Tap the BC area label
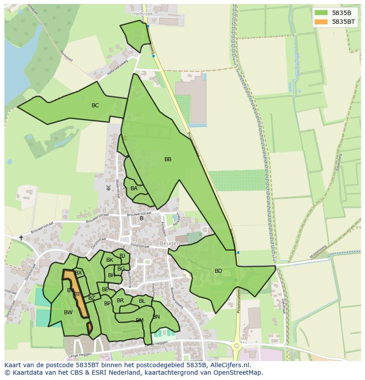[x=95, y=105]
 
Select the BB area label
[x=168, y=159]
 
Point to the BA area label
[x=134, y=188]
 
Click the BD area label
[x=218, y=271]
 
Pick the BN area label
[x=156, y=317]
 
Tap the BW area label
[x=68, y=312]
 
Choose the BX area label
[x=78, y=273]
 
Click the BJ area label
[x=122, y=256]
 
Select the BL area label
[x=142, y=301]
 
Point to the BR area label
[x=120, y=301]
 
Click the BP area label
[x=107, y=304]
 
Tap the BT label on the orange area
[x=77, y=294]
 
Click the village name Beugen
[x=170, y=244]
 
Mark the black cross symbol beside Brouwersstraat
[x=21, y=238]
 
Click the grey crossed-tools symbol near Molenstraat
[x=108, y=188]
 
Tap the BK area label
[x=110, y=260]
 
